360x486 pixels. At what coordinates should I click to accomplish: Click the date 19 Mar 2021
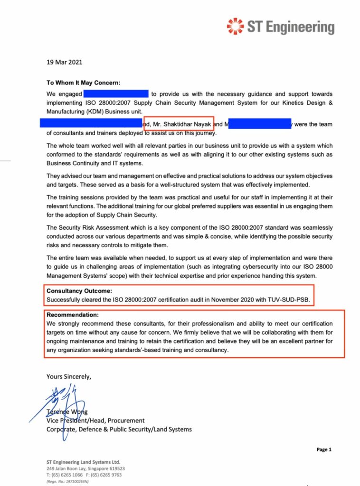[x=64, y=62]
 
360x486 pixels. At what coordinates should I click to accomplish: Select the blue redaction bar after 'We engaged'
[x=116, y=94]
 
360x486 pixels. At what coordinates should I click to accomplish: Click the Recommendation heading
[x=73, y=315]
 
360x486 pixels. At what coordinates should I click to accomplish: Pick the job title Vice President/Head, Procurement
[x=95, y=421]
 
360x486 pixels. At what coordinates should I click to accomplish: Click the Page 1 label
[x=323, y=449]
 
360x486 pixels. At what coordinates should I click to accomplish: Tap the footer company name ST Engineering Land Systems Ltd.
[x=83, y=462]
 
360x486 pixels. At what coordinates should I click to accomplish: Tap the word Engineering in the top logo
[x=300, y=27]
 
